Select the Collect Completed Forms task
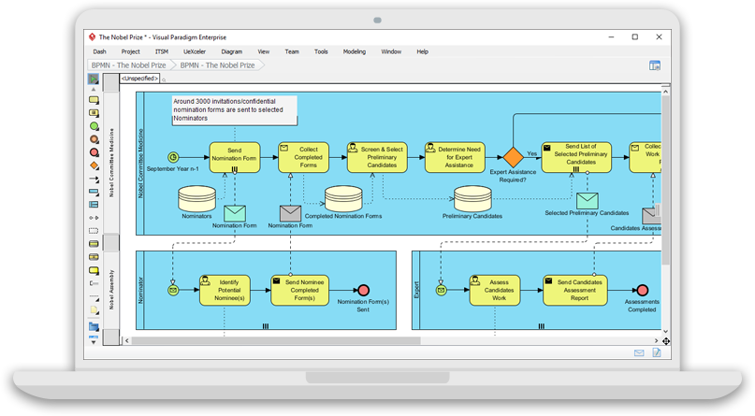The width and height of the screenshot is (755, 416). click(303, 157)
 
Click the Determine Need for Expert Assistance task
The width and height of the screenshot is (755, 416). click(455, 157)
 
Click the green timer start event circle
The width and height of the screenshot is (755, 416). click(173, 157)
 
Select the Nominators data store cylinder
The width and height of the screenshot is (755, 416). click(196, 198)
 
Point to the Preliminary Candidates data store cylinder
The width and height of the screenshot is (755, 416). click(472, 198)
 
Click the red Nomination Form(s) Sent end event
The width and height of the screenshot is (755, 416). click(363, 290)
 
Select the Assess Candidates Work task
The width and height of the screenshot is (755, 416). click(499, 290)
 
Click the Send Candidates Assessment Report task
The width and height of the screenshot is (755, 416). click(575, 290)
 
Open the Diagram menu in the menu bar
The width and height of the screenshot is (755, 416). click(232, 51)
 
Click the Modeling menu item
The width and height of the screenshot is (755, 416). click(355, 51)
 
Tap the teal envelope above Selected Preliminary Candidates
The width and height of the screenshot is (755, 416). click(587, 200)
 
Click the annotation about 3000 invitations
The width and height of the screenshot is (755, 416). click(234, 110)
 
